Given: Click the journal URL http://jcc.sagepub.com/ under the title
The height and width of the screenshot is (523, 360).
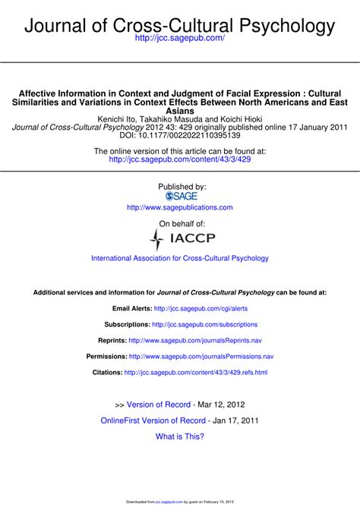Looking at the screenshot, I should pyautogui.click(x=180, y=37).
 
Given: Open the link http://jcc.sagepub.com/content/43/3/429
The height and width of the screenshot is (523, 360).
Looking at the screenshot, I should pyautogui.click(x=180, y=160).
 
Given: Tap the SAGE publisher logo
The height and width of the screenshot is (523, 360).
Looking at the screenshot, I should pyautogui.click(x=180, y=195).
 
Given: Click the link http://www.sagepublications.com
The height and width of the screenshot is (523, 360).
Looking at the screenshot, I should pyautogui.click(x=180, y=207).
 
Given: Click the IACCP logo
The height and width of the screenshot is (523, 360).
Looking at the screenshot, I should pyautogui.click(x=180, y=240).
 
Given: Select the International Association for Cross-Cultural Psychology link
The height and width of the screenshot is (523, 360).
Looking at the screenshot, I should pyautogui.click(x=180, y=258).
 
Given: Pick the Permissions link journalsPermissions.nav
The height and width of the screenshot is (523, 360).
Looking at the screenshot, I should pyautogui.click(x=201, y=357).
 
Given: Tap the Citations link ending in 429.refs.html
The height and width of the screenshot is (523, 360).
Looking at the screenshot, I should pyautogui.click(x=196, y=373).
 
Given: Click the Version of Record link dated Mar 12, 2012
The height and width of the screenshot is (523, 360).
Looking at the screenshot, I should pyautogui.click(x=158, y=405).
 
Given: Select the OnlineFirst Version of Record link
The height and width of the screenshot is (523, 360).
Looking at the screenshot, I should pyautogui.click(x=153, y=420).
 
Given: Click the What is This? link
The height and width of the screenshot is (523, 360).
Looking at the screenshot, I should pyautogui.click(x=180, y=436).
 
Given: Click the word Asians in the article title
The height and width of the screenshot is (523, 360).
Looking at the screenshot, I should pyautogui.click(x=180, y=111).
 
